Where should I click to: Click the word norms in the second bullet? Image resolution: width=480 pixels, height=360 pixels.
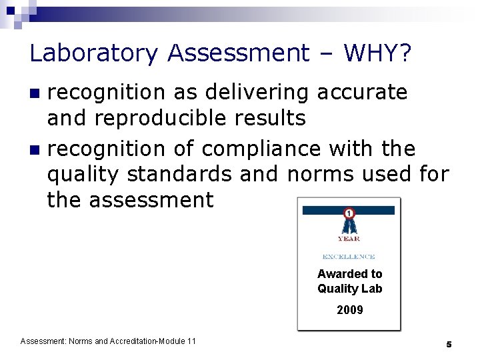(x=322, y=174)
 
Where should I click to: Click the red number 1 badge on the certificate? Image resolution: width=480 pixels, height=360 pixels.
(x=349, y=213)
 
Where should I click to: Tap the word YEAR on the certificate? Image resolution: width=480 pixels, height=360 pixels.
(x=349, y=238)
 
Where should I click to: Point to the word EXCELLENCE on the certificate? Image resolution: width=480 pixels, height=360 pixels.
(x=349, y=257)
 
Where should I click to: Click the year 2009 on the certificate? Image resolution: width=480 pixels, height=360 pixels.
(x=349, y=310)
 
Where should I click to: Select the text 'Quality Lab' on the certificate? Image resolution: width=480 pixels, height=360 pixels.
(x=349, y=289)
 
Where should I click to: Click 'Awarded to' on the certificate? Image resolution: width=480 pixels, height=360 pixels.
(x=349, y=274)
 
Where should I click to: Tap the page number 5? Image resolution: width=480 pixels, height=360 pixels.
(x=449, y=344)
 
